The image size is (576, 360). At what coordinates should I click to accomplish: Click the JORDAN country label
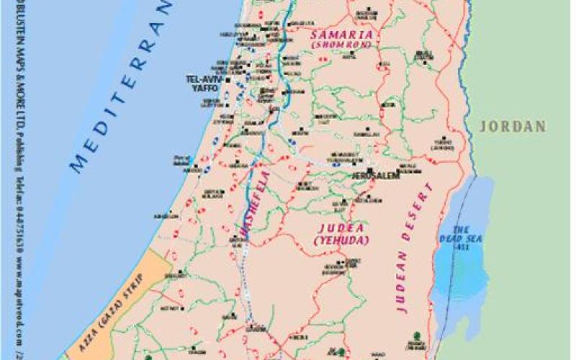click(x=513, y=126)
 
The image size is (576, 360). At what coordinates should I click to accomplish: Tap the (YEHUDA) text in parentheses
click(x=341, y=239)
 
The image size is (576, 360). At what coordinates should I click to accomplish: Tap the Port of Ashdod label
click(x=181, y=159)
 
